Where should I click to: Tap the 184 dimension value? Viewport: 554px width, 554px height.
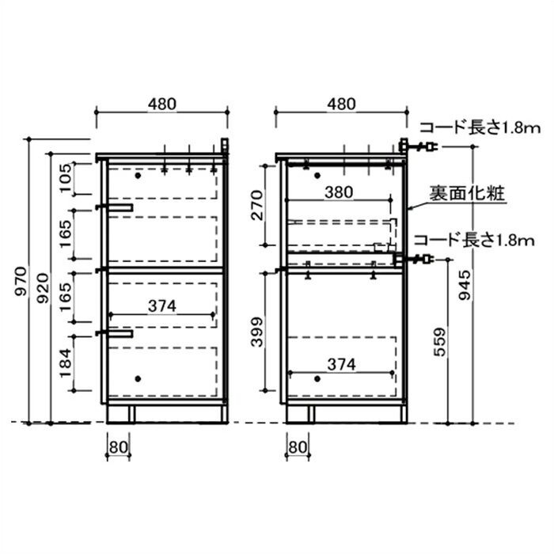tap(66, 363)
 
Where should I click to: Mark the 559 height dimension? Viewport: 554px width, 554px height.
tap(440, 341)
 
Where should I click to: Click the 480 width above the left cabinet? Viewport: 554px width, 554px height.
tap(161, 104)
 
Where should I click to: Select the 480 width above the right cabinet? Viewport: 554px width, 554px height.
tap(340, 104)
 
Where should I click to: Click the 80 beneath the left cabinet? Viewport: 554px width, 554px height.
tap(118, 446)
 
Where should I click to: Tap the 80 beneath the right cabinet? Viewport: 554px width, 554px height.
tap(298, 446)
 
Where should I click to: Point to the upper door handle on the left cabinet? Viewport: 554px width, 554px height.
tap(116, 207)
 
